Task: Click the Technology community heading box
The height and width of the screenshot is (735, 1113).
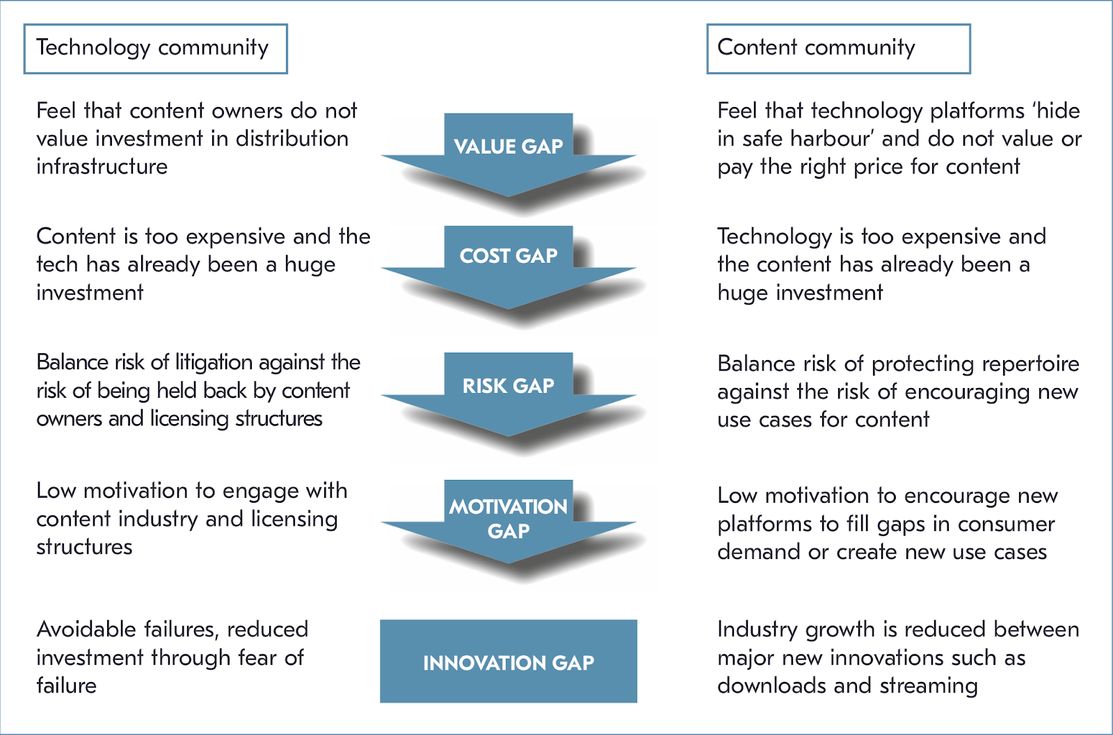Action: coord(155,49)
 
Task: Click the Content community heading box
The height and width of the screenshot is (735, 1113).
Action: coord(838,49)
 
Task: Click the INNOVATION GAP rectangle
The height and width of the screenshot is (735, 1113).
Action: coord(509,661)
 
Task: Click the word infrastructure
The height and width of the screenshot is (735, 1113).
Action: coord(102,167)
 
